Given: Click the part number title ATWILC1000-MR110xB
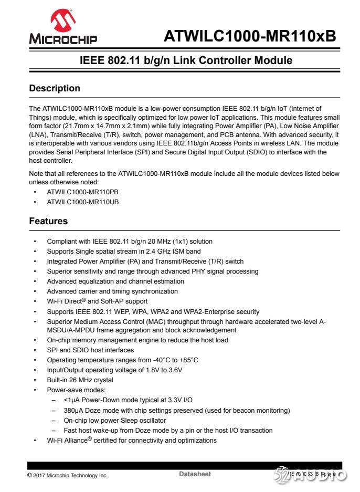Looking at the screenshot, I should tap(250, 36).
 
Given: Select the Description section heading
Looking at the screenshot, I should tap(55, 88).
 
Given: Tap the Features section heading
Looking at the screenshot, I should tap(48, 221).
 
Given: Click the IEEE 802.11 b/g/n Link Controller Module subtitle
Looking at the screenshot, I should tap(186, 60).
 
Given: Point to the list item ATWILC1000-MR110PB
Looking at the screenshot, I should tap(83, 192).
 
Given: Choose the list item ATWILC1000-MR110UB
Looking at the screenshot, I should tap(83, 202).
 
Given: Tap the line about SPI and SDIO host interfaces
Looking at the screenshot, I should tap(90, 350).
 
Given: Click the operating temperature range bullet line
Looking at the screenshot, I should tap(122, 360).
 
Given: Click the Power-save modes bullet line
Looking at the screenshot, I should tap(76, 390).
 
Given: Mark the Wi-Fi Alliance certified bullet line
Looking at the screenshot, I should tap(131, 440).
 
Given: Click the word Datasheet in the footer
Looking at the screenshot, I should tap(195, 474).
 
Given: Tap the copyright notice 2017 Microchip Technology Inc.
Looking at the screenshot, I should tap(67, 475).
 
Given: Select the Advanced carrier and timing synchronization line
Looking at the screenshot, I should tap(112, 291).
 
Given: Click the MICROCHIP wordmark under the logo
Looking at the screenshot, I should tap(63, 39).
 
